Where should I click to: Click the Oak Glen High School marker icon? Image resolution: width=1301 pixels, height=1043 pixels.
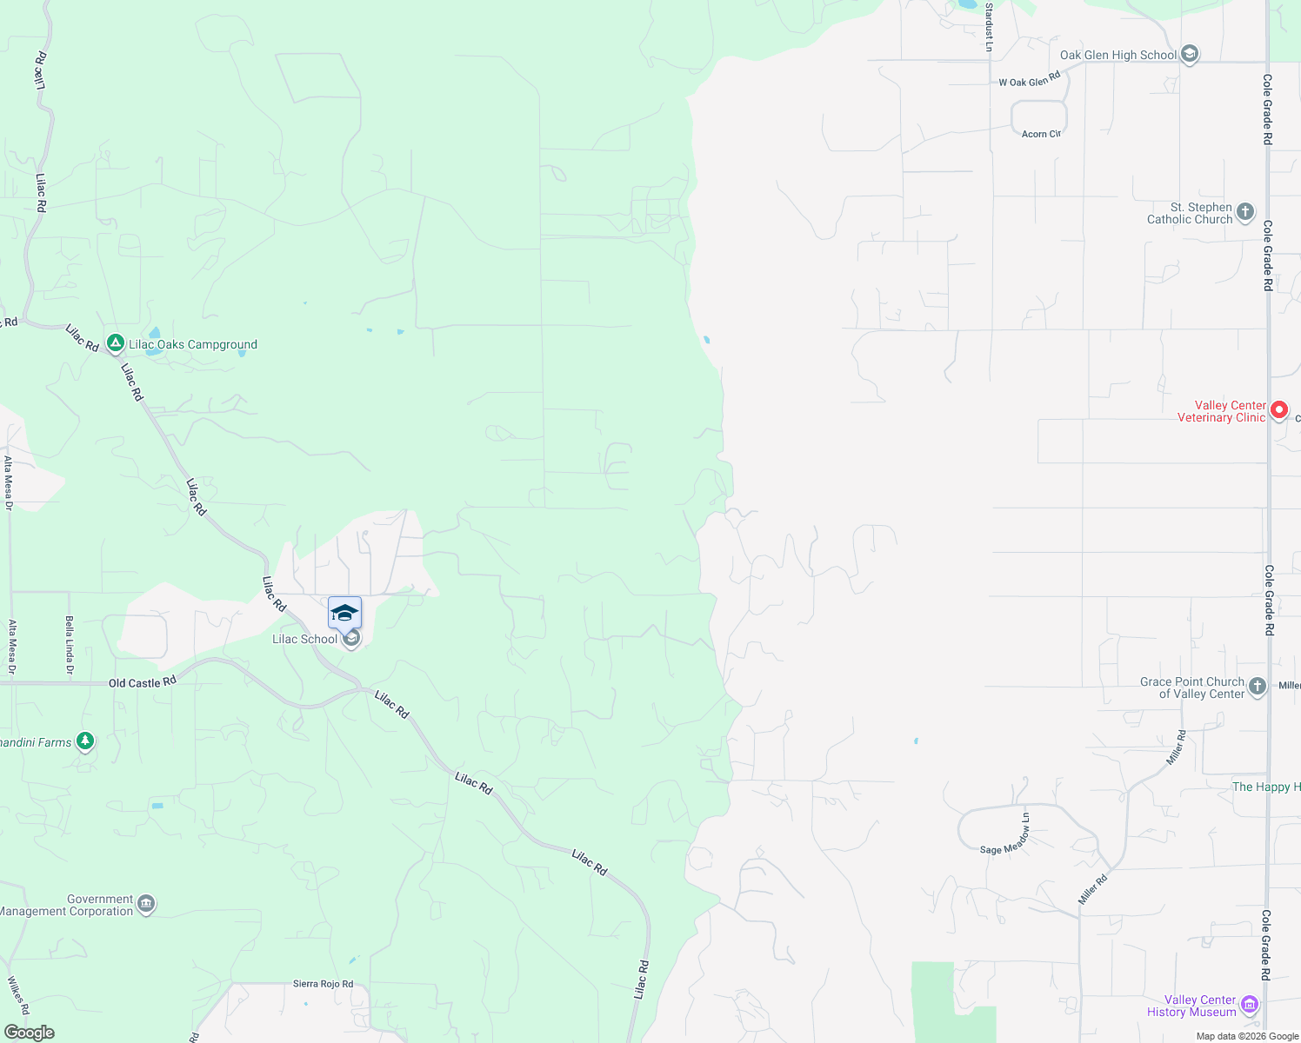[x=1190, y=55]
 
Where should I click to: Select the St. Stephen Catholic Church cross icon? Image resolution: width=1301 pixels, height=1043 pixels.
[x=1245, y=212]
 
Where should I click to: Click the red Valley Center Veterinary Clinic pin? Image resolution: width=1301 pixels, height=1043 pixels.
[x=1278, y=410]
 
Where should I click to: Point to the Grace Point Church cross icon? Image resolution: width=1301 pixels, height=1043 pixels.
[x=1258, y=687]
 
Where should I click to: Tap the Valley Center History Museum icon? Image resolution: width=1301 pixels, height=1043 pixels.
[x=1250, y=1006]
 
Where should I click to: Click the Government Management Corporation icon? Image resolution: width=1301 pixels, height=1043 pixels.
[x=146, y=905]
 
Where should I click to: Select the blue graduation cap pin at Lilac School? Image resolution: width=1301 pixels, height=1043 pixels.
[x=344, y=613]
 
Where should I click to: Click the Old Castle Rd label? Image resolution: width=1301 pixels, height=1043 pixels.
[x=143, y=682]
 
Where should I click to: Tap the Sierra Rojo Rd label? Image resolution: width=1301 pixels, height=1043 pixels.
[x=324, y=984]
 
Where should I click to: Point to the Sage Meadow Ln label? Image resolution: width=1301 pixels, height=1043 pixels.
[x=1005, y=835]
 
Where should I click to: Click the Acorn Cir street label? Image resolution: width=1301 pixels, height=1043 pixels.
[x=1041, y=134]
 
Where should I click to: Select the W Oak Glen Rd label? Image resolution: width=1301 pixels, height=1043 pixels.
[x=1030, y=79]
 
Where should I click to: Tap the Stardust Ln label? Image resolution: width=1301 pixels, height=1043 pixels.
[x=989, y=26]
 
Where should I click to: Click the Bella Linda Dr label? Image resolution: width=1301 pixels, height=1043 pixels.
[x=70, y=645]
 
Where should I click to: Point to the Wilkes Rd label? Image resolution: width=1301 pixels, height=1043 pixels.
[x=18, y=996]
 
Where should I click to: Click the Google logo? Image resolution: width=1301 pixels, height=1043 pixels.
[x=30, y=1033]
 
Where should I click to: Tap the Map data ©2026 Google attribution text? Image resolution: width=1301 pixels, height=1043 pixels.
[x=1247, y=1036]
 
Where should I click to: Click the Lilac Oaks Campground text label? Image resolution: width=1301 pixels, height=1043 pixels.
[x=193, y=344]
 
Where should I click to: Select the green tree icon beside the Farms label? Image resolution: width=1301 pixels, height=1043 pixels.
[x=84, y=741]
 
